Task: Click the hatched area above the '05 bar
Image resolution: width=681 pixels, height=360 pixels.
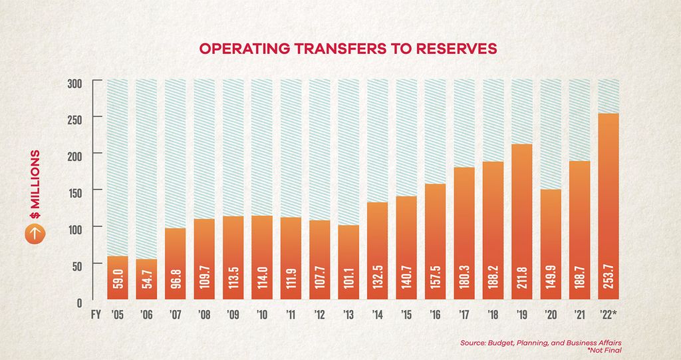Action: pyautogui.click(x=118, y=166)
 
